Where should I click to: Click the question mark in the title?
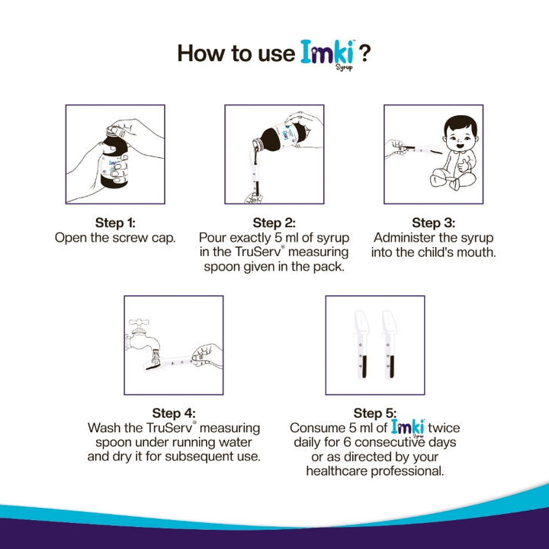pyautogui.click(x=365, y=53)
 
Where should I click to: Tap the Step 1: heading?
pyautogui.click(x=115, y=223)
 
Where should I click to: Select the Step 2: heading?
pyautogui.click(x=274, y=223)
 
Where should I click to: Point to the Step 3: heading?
pyautogui.click(x=433, y=223)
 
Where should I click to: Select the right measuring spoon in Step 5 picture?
pyautogui.click(x=391, y=343)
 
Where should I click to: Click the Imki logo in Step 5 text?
pyautogui.click(x=408, y=427)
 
